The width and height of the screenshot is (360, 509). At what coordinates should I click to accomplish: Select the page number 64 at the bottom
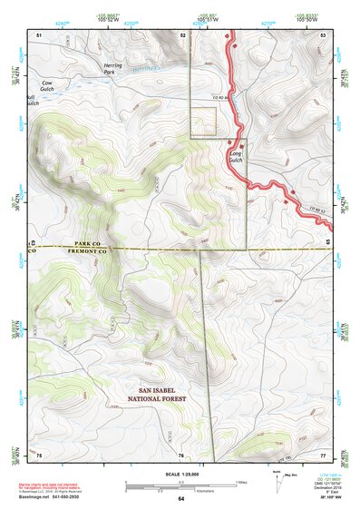[x=180, y=499]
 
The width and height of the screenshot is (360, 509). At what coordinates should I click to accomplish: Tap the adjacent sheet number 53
[x=322, y=34]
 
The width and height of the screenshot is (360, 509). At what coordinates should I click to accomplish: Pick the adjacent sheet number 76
[x=180, y=455]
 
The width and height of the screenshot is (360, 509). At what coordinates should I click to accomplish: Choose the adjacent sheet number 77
[x=322, y=454]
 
